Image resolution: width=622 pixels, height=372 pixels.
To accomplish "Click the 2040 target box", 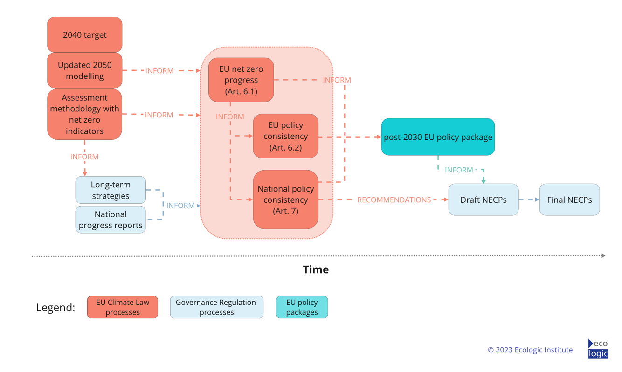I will tap(84, 35).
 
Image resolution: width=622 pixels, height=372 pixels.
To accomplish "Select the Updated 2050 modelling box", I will tap(84, 70).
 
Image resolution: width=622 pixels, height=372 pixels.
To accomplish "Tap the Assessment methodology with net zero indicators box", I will tap(84, 114).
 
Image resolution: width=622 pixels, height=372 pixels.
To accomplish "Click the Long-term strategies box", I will tap(111, 190).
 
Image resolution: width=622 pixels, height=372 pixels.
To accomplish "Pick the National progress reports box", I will tap(111, 220).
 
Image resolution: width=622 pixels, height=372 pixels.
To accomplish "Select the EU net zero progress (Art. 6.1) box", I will tap(241, 80).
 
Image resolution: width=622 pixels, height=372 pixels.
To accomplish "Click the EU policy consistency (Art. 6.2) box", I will tap(285, 136).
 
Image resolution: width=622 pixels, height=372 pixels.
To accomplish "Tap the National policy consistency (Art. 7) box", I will tap(285, 200).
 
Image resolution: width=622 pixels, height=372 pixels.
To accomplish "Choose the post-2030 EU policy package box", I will tap(438, 137).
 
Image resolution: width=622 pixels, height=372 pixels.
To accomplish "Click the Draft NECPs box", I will tap(483, 200).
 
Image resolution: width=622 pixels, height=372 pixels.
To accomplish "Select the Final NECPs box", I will tap(569, 200).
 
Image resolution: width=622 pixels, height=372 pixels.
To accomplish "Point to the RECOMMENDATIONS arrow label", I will tap(394, 200).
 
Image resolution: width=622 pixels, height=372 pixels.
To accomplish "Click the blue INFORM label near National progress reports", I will tap(180, 206).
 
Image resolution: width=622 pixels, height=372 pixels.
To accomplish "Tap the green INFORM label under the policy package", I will tap(459, 170).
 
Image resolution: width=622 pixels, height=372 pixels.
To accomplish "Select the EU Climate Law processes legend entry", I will tap(123, 307).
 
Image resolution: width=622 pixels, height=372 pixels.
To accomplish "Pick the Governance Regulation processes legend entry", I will tap(216, 307).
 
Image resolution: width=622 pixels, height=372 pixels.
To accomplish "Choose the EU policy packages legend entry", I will tap(302, 307).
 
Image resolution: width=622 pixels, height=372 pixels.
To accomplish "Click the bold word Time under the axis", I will tap(316, 269).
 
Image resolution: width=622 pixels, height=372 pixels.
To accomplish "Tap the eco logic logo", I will tap(598, 349).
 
